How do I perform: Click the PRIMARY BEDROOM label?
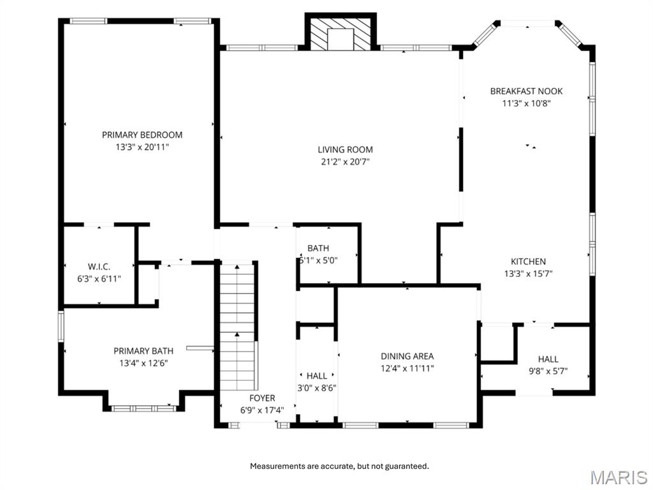[x=142, y=135]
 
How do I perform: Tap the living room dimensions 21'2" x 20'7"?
[x=345, y=162]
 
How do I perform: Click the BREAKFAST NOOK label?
[x=526, y=91]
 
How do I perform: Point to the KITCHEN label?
[x=528, y=262]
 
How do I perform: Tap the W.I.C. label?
[x=99, y=267]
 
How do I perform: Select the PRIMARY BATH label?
[x=143, y=351]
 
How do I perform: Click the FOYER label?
[x=262, y=398]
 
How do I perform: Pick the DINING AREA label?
[x=407, y=356]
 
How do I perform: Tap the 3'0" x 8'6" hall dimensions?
[x=317, y=387]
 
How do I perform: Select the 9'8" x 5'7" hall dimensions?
[x=548, y=371]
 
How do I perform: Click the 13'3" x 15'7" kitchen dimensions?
[x=528, y=274]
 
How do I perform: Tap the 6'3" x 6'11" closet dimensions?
[x=99, y=279]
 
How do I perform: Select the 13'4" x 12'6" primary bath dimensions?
[x=143, y=363]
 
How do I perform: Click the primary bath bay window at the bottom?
[x=143, y=407]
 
